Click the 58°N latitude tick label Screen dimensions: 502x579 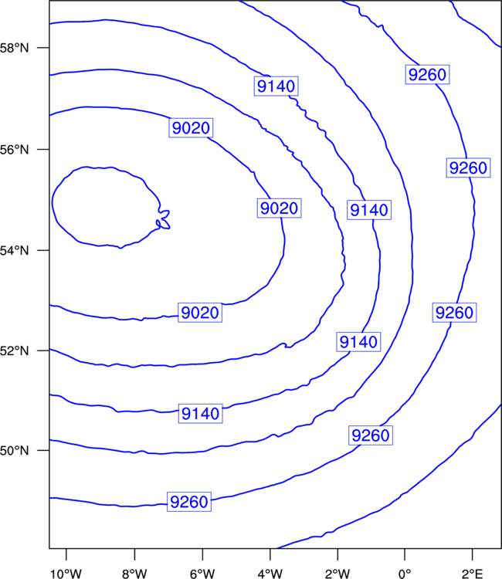point(14,48)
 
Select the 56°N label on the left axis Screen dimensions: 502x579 point(14,150)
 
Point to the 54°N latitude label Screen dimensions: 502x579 point(14,251)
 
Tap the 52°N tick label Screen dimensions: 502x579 point(14,350)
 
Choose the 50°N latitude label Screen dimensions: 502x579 point(14,451)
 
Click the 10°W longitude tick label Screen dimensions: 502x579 point(66,574)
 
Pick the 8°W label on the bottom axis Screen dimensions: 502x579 point(134,574)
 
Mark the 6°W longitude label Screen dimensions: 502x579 point(202,574)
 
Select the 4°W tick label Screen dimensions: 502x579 point(270,574)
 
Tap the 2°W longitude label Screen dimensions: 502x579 point(337,574)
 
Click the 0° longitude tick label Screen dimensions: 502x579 point(405,574)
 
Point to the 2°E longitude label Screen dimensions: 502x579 point(472,574)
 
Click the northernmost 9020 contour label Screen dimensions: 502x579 point(191,127)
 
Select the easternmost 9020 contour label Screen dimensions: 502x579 point(279,208)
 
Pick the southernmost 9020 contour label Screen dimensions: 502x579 point(200,313)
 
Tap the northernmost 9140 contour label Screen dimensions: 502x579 point(276,86)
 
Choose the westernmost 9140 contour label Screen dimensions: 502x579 point(201,413)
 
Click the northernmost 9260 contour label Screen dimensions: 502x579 point(427,74)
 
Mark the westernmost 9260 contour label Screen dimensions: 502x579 point(189,502)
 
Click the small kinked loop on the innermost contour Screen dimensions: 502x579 point(164,219)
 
